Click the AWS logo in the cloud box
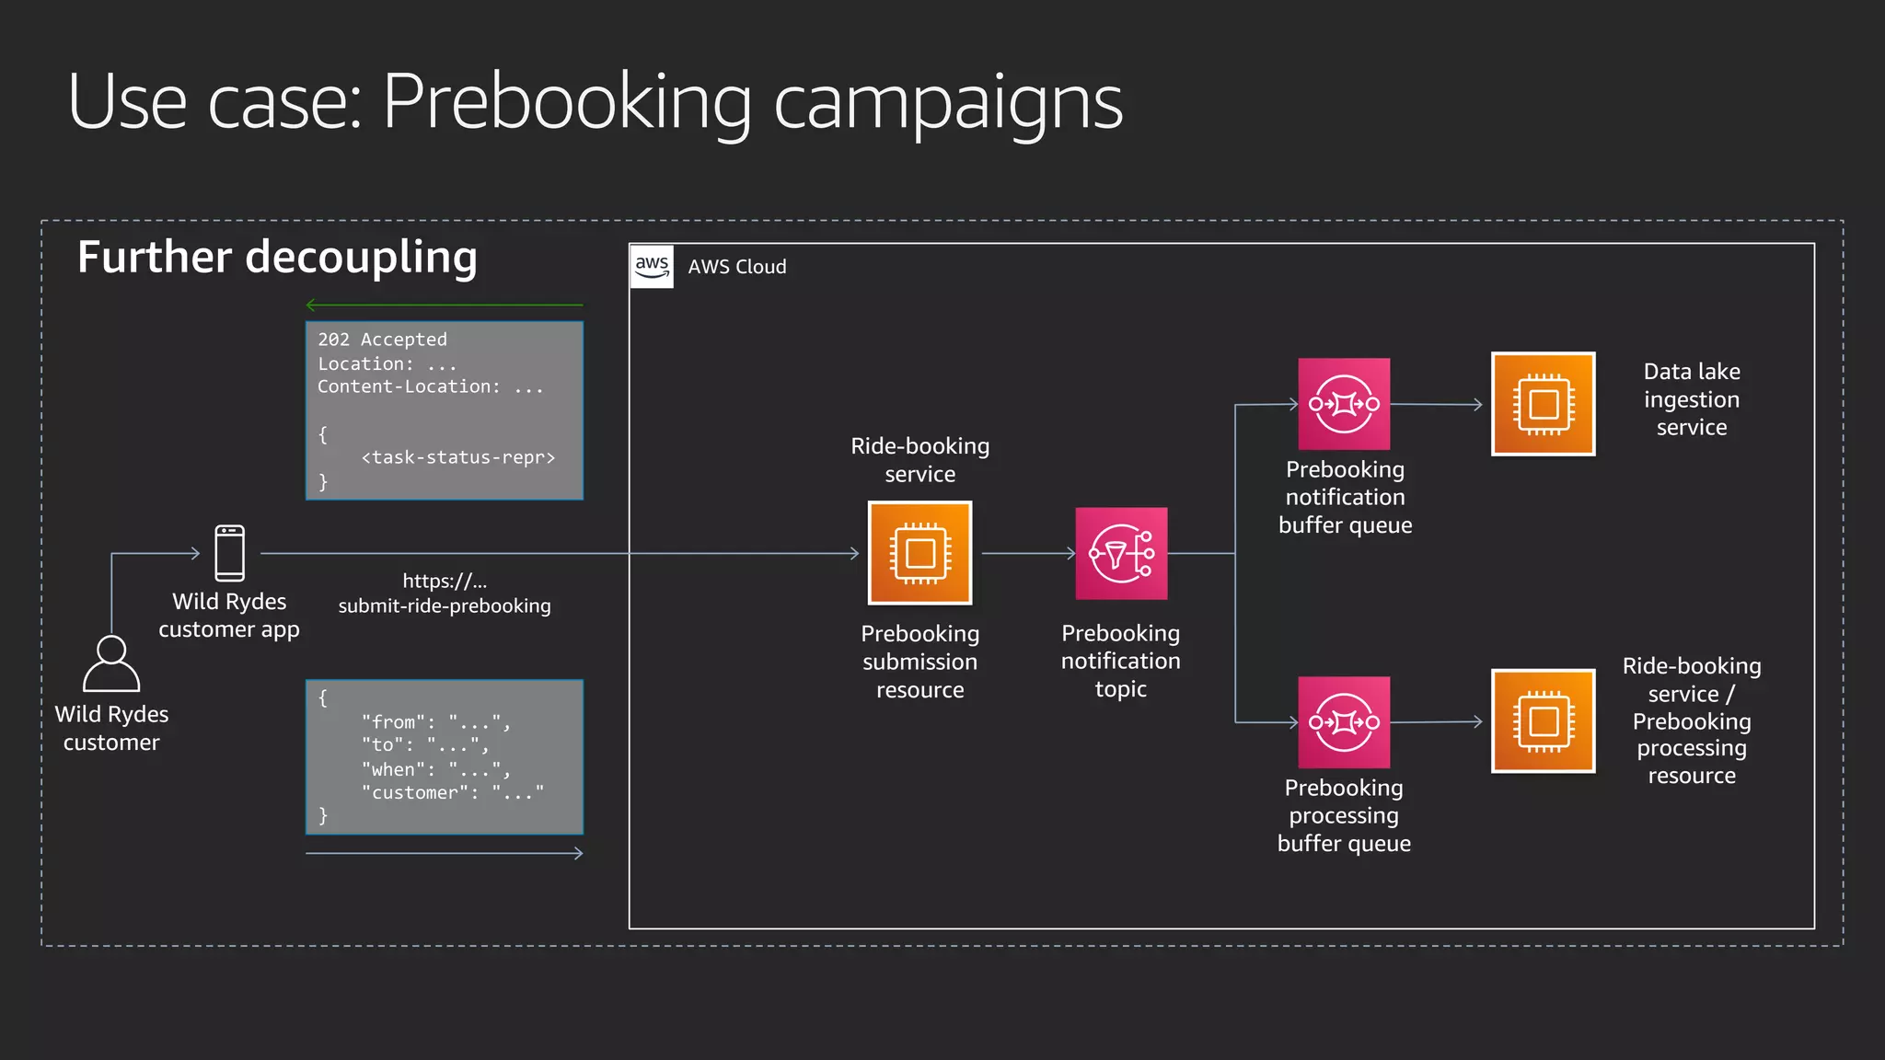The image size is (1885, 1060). coord(652,267)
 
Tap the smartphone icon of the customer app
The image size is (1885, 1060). coord(229,553)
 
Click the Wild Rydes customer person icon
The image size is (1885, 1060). coord(111,663)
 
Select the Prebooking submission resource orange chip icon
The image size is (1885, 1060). coord(919,553)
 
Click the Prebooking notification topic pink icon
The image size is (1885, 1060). coord(1121,553)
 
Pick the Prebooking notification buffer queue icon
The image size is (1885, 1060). coord(1344,404)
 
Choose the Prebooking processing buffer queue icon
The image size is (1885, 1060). coord(1344,722)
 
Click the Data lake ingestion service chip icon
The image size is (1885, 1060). coord(1543,404)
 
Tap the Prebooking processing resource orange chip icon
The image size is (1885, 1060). coord(1543,721)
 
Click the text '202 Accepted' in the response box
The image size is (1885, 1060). coord(382,340)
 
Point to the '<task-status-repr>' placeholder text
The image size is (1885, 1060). coord(458,457)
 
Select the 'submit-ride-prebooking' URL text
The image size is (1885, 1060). coord(445,605)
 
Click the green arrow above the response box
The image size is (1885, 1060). coord(444,305)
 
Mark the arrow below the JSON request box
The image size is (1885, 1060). coord(444,854)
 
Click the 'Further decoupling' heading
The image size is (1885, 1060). coord(277,257)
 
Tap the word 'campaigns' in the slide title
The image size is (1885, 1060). coord(948,102)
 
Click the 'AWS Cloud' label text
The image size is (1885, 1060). coord(737,267)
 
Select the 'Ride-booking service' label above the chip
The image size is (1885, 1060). coord(919,460)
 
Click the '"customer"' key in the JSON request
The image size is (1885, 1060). coord(420,792)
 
